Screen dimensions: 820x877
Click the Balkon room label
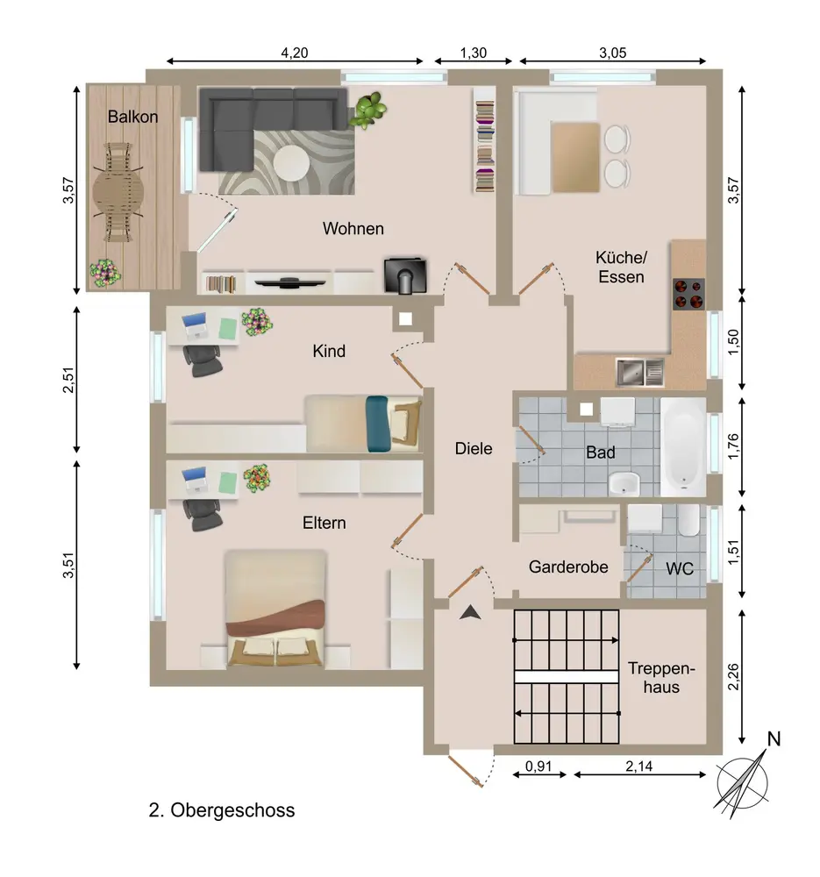tap(132, 117)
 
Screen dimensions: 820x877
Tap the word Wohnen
tap(353, 228)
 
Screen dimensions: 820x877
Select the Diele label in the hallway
tap(474, 448)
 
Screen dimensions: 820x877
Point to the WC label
tap(680, 569)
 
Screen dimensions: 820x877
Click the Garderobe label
tap(568, 567)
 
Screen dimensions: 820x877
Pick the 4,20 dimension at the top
tap(294, 53)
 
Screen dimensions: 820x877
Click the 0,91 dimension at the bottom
tap(538, 766)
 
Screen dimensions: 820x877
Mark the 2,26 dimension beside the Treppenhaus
tap(733, 677)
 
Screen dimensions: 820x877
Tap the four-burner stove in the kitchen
tap(688, 294)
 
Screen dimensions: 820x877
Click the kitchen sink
tap(640, 372)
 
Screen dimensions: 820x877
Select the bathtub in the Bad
tap(682, 446)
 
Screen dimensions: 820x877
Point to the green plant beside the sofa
tap(367, 110)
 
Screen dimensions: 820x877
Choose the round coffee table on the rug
tap(291, 163)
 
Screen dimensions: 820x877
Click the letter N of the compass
tap(774, 738)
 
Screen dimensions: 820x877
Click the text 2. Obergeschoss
tap(222, 809)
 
